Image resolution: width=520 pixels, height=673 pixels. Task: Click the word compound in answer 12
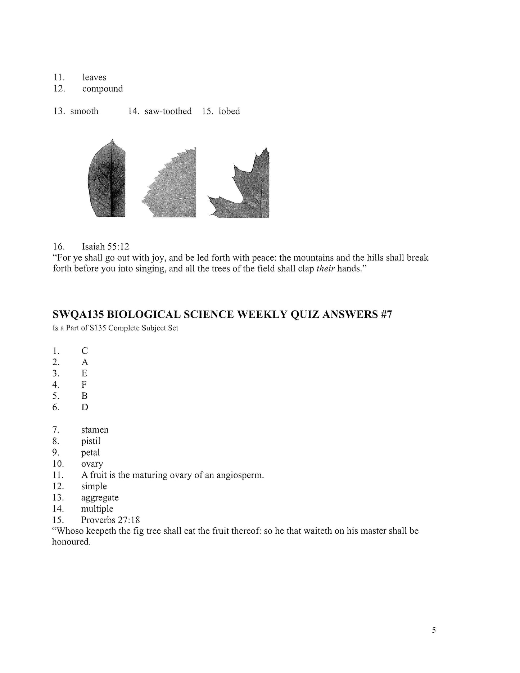coord(102,89)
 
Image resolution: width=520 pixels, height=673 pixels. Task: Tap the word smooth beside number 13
coord(84,111)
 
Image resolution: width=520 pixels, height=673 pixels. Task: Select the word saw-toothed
coord(168,111)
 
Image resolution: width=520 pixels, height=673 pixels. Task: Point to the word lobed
coord(229,111)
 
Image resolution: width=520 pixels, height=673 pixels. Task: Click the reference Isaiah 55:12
coord(105,247)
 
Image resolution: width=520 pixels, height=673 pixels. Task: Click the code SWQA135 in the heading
coord(78,315)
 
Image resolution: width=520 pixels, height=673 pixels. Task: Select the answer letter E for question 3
coord(85,373)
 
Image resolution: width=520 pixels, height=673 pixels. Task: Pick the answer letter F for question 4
coord(84,385)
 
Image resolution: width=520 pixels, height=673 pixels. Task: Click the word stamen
coord(95,430)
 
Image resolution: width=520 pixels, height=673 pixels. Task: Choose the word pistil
coord(91,441)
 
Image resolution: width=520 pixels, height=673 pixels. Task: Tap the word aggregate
coord(100,498)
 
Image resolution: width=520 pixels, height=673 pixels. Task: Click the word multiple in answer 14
coord(97,509)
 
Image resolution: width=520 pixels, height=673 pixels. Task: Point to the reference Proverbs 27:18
coord(110,520)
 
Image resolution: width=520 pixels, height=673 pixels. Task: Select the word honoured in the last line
coord(71,542)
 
